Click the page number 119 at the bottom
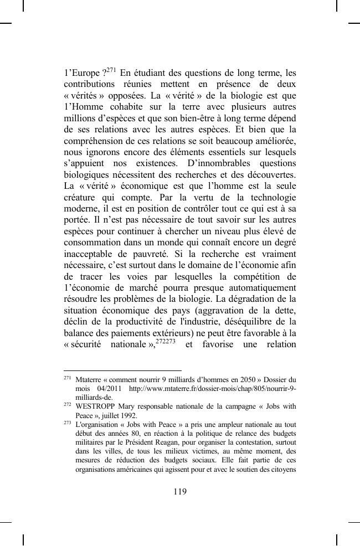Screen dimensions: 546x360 pos(179,492)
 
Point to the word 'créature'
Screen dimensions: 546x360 pos(82,198)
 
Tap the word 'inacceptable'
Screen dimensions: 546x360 pos(92,254)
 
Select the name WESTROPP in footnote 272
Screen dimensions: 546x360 pos(94,406)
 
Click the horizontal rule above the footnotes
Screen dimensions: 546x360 pos(122,371)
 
